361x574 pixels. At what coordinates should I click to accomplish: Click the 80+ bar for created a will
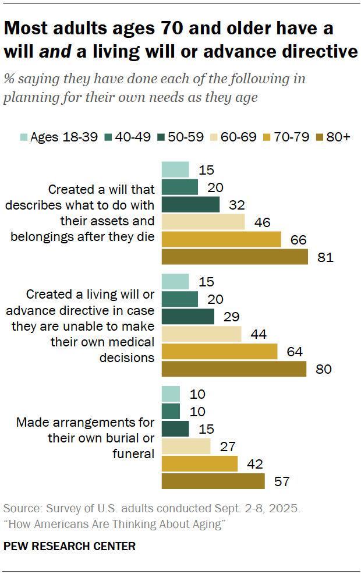235,257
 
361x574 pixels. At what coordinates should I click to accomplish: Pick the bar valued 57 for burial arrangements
213,481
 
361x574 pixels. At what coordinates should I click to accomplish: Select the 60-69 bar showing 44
201,334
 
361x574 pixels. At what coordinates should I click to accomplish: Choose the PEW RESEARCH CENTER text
69,546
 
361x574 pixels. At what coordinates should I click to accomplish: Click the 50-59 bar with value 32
190,204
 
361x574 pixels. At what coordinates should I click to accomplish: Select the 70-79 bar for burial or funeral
200,464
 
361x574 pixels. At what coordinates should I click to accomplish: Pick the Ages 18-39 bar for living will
175,281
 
